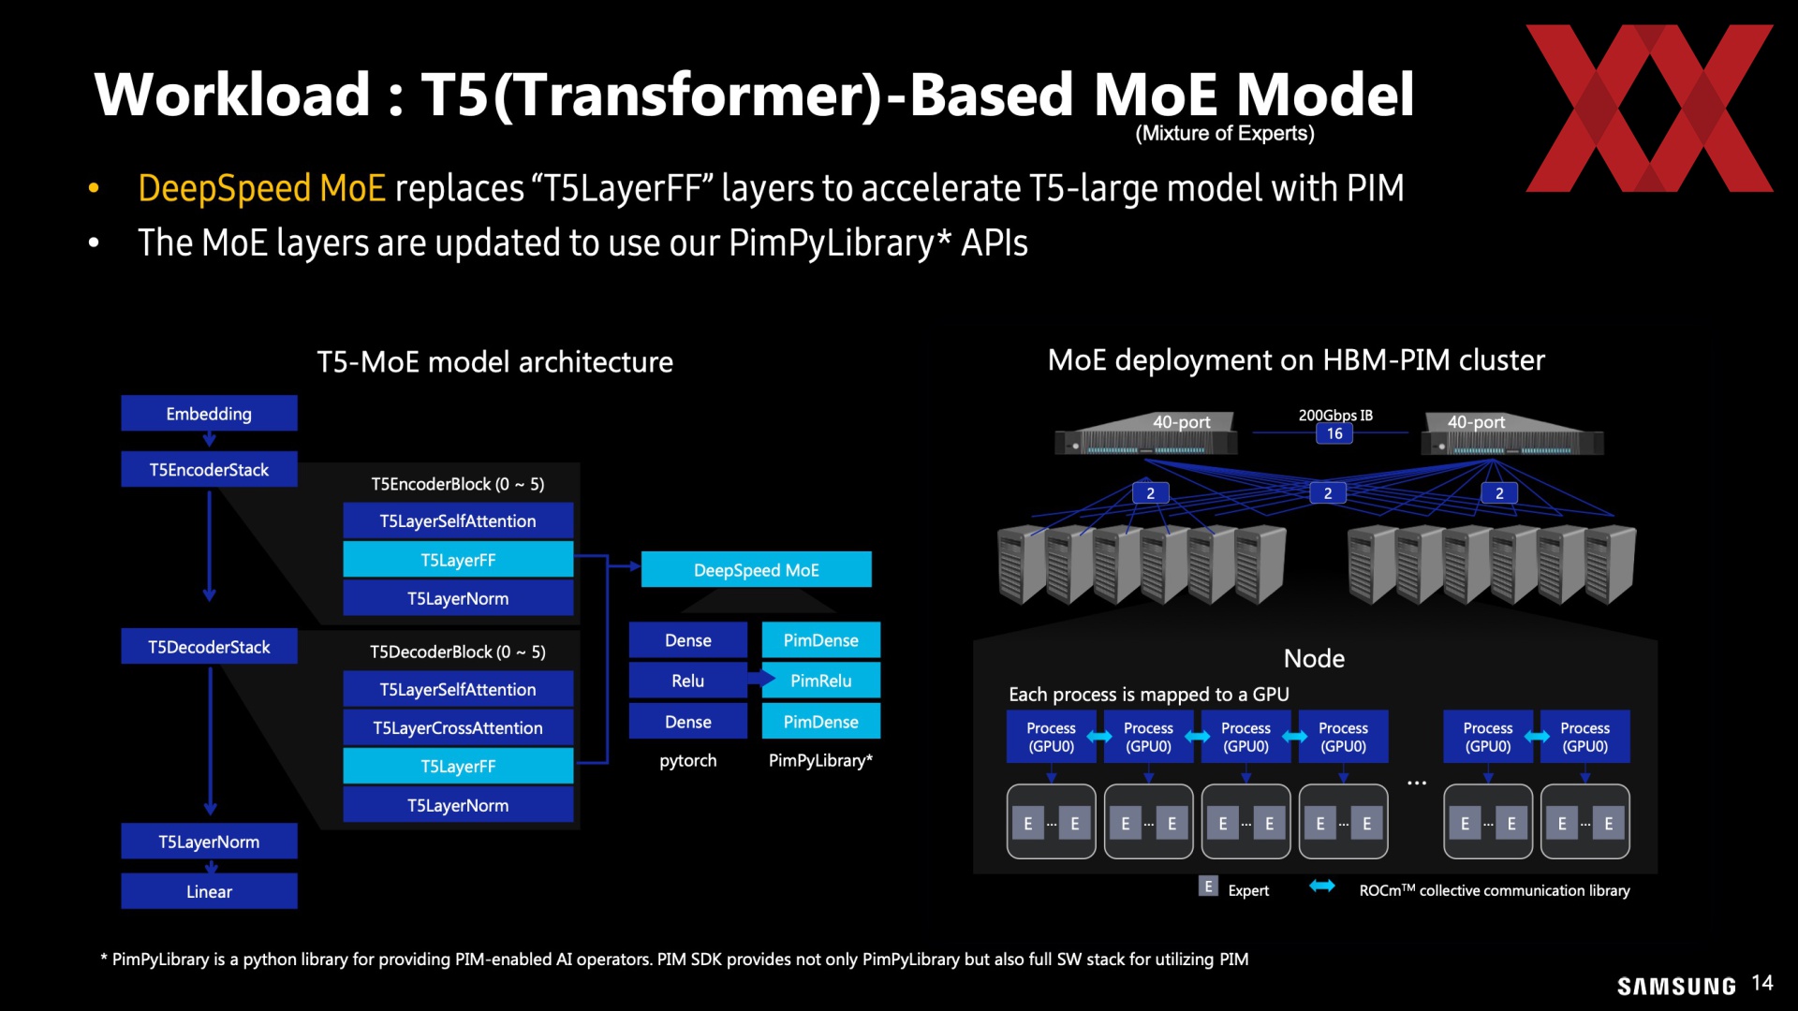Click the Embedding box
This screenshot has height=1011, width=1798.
click(209, 413)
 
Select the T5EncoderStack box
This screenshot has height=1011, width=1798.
click(209, 469)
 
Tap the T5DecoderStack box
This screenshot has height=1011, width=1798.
click(209, 647)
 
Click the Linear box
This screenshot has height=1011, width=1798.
click(209, 891)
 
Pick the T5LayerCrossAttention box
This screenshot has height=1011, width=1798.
click(458, 727)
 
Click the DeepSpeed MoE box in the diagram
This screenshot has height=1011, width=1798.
click(757, 570)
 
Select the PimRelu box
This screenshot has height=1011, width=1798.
click(821, 681)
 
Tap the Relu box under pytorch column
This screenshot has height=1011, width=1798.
click(688, 681)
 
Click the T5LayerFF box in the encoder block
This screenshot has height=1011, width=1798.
click(458, 560)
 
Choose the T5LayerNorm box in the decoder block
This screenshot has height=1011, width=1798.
click(458, 805)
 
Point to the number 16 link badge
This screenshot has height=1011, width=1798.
click(1334, 433)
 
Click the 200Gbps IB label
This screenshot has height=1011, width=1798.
click(1335, 415)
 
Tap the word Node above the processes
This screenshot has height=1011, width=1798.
click(1314, 658)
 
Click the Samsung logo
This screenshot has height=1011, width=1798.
click(1676, 986)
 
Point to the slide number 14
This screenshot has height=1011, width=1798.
click(1762, 983)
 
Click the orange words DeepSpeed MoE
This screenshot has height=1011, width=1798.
click(261, 188)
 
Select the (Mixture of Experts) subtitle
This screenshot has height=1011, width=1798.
click(1225, 133)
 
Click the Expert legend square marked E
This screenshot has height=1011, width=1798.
click(1208, 886)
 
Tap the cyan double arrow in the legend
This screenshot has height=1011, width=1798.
click(1322, 886)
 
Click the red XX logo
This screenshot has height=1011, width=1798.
click(1649, 108)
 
